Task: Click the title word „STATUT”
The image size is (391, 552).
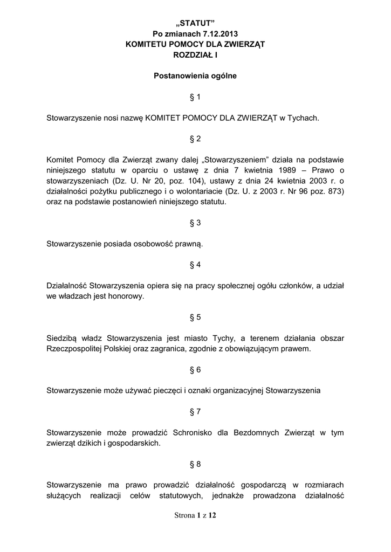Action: coord(195,23)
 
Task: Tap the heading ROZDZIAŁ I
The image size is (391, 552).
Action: coord(195,54)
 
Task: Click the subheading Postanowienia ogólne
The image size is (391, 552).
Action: coord(195,76)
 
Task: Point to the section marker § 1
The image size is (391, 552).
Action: coord(195,97)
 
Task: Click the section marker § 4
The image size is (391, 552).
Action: coord(195,265)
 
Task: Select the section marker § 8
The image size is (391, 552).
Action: coord(195,464)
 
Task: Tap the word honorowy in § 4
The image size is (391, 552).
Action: coord(128,296)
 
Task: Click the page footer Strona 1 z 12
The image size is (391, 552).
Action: coord(195,515)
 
